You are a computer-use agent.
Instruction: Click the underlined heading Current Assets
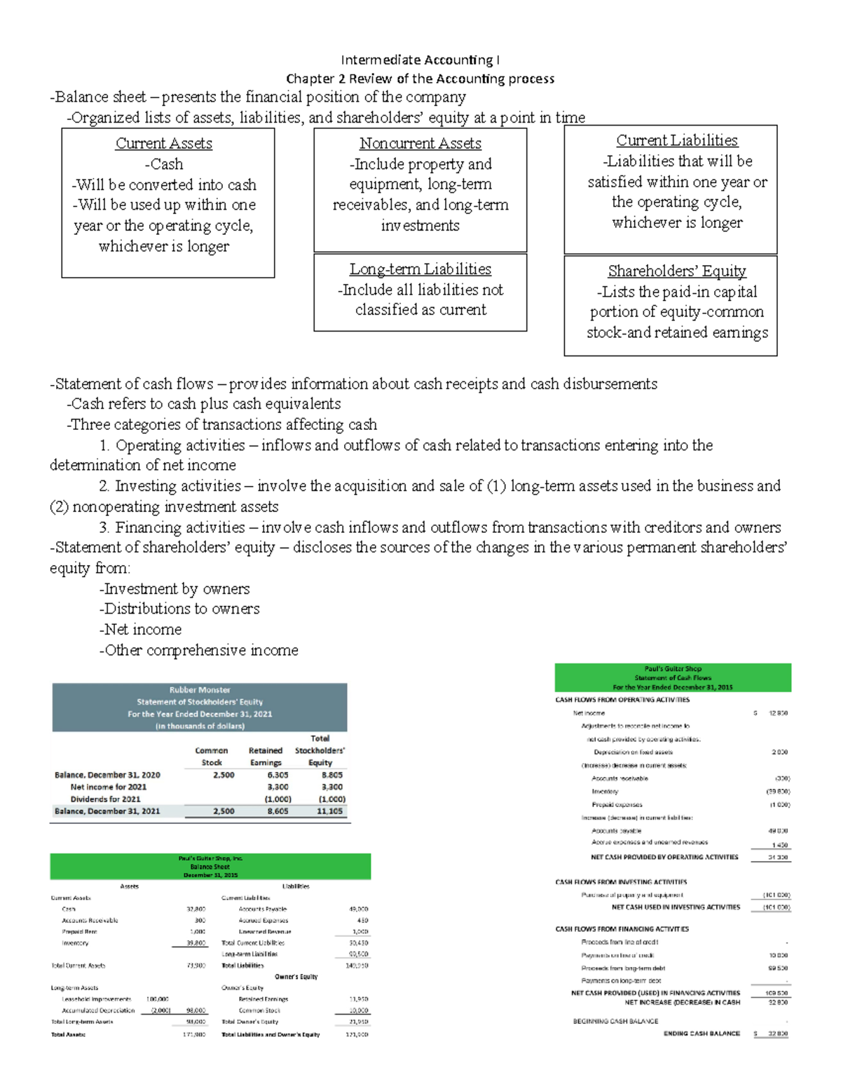click(x=164, y=144)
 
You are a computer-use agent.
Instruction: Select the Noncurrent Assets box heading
click(x=420, y=144)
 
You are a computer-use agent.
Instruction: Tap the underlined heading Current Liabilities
click(x=677, y=140)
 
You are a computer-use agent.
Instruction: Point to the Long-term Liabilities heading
click(x=420, y=269)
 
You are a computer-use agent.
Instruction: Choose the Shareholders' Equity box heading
click(x=677, y=271)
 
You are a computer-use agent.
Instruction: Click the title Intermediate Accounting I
click(x=420, y=60)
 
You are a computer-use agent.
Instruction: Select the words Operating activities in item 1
click(x=180, y=445)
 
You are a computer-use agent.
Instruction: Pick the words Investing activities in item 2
click(x=178, y=486)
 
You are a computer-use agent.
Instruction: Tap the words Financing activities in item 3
click(x=180, y=527)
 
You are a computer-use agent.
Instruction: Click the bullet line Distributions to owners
click(x=179, y=609)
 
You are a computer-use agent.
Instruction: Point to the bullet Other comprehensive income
click(x=199, y=650)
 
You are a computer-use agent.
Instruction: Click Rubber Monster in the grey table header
click(x=200, y=690)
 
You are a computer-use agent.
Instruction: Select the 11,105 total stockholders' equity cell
click(x=329, y=811)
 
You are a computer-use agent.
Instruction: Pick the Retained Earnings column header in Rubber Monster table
click(x=266, y=757)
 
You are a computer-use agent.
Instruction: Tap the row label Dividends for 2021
click(x=105, y=799)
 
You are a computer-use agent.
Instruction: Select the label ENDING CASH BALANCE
click(x=702, y=1034)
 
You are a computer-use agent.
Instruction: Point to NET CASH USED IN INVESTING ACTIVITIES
click(x=676, y=907)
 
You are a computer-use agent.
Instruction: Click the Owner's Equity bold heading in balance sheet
click(x=296, y=977)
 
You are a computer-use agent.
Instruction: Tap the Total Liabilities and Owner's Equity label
click(x=271, y=1034)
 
